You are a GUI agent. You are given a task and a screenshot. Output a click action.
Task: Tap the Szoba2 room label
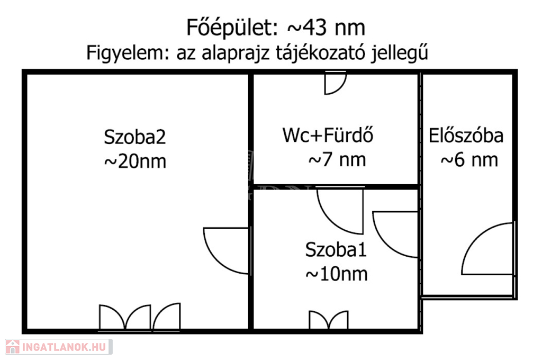135,137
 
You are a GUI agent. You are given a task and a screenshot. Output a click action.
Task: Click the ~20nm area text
135,161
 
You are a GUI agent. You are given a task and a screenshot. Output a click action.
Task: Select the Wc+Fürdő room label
328,135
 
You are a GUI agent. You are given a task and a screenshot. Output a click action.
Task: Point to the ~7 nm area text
337,160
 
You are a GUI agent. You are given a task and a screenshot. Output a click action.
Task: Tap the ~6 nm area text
469,160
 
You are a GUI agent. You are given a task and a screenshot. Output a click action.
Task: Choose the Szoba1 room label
336,249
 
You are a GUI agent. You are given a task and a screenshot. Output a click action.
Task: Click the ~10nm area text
336,274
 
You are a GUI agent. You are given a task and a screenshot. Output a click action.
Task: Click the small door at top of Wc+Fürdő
335,83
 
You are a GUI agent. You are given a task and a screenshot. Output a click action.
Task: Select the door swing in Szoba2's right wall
227,251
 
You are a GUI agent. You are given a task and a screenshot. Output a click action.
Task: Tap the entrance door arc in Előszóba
488,249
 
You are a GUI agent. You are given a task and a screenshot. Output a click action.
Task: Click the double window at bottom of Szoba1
328,320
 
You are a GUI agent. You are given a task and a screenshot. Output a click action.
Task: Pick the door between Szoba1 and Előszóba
396,235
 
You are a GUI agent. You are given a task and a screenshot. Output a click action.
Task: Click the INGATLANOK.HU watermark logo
59,347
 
